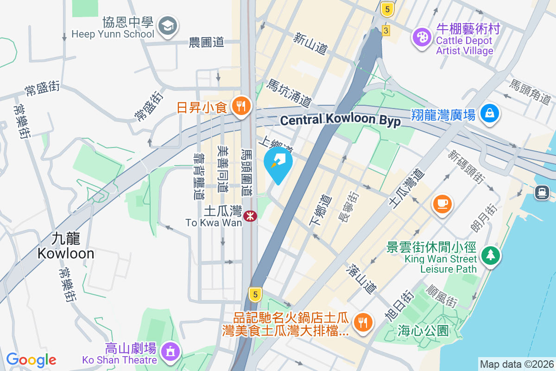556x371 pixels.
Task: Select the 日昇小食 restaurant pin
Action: pyautogui.click(x=240, y=106)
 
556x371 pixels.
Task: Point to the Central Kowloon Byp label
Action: pyautogui.click(x=340, y=120)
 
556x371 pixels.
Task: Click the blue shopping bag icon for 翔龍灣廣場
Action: pyautogui.click(x=489, y=113)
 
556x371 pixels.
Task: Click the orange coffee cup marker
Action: pyautogui.click(x=442, y=203)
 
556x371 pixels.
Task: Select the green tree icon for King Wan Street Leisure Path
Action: pyautogui.click(x=490, y=255)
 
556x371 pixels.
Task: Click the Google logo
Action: pyautogui.click(x=31, y=359)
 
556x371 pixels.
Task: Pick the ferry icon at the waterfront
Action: pyautogui.click(x=542, y=192)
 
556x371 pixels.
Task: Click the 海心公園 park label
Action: pyautogui.click(x=423, y=331)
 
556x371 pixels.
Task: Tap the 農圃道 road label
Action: pyautogui.click(x=207, y=42)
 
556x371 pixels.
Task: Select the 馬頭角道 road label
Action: pyautogui.click(x=531, y=91)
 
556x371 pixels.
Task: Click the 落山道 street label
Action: pyautogui.click(x=362, y=279)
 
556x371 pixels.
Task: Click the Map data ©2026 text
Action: pyautogui.click(x=517, y=364)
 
